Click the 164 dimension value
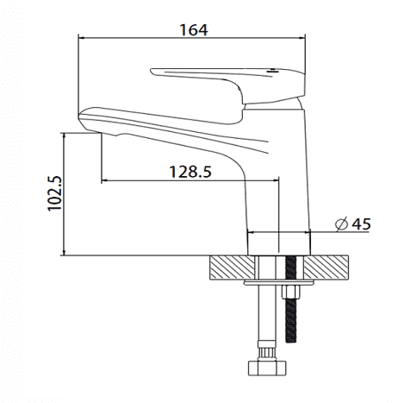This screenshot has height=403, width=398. pos(194,30)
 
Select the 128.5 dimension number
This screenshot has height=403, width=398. pos(190,172)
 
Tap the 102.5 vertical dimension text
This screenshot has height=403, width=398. pos(54,193)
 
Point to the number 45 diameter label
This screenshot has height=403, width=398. pos(362,224)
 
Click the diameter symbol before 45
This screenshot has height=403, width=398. pos(342,224)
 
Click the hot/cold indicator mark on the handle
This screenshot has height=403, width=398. pos(271,71)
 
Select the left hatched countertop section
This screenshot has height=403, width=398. pos(233,268)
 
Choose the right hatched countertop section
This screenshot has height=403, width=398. pos(326,268)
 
